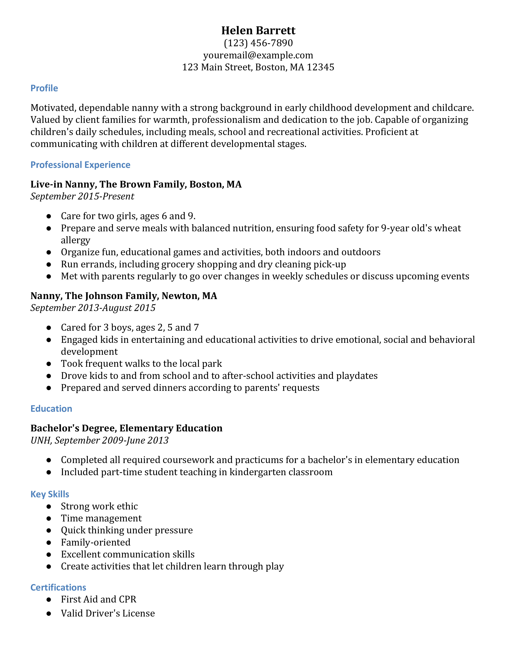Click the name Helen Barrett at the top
[x=258, y=30]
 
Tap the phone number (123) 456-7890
[x=258, y=43]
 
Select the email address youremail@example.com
[x=258, y=55]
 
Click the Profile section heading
[x=44, y=88]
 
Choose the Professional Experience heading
[x=80, y=165]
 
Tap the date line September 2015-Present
[x=82, y=196]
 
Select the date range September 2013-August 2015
[x=93, y=308]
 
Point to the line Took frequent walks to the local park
[x=141, y=364]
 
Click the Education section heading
[x=51, y=409]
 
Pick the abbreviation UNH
[x=41, y=441]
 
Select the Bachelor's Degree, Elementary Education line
[x=126, y=428]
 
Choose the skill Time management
[x=101, y=518]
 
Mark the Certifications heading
[x=58, y=587]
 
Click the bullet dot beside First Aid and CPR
[x=49, y=599]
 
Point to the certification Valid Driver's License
[x=108, y=613]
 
